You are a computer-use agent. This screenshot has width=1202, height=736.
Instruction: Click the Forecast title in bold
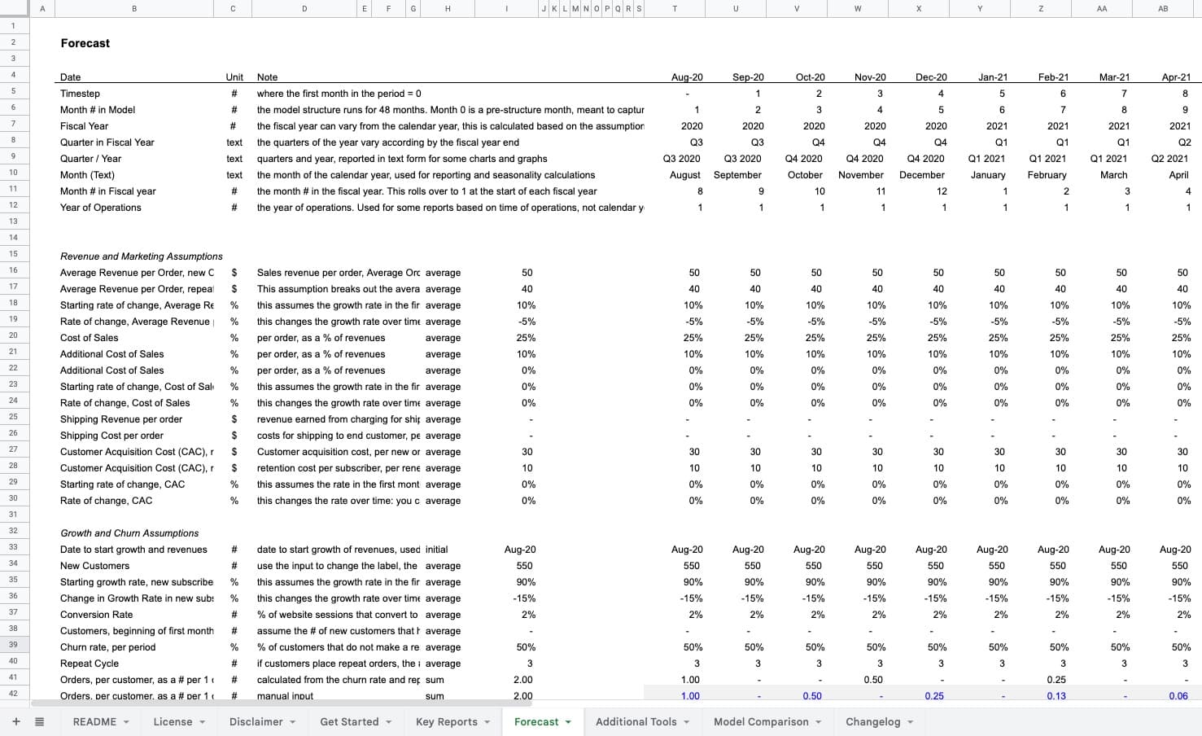coord(85,43)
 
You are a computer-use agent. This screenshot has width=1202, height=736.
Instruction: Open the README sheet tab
coord(94,721)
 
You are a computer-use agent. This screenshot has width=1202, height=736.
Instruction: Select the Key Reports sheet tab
coord(446,721)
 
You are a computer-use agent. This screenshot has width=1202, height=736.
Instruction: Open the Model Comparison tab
coord(761,721)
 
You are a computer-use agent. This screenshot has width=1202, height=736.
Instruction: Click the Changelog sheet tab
coord(872,721)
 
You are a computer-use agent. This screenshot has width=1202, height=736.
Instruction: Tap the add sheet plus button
coord(15,721)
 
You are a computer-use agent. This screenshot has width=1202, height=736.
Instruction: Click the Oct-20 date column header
coord(810,77)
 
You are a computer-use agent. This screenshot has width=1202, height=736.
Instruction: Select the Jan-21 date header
coord(992,77)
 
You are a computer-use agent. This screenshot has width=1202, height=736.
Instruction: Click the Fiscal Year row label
coord(84,126)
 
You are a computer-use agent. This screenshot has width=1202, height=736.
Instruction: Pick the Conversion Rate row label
coord(96,615)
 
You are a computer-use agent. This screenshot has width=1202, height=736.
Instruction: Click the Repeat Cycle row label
coord(89,664)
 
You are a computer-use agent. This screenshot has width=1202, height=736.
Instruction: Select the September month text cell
coord(737,175)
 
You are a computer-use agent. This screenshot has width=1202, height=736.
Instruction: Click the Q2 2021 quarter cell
coord(1170,159)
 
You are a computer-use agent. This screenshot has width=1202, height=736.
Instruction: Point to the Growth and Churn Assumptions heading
coord(129,533)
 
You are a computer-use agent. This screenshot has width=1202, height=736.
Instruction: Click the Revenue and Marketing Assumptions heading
coord(141,256)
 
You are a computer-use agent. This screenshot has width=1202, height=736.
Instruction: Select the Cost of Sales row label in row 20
coord(89,338)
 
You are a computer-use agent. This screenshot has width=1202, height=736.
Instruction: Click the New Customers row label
coord(94,566)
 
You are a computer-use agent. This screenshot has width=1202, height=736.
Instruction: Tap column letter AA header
coord(1102,8)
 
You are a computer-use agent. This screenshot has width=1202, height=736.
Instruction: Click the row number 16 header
coord(13,270)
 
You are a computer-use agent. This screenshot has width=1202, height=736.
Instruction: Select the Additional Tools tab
coord(642,721)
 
